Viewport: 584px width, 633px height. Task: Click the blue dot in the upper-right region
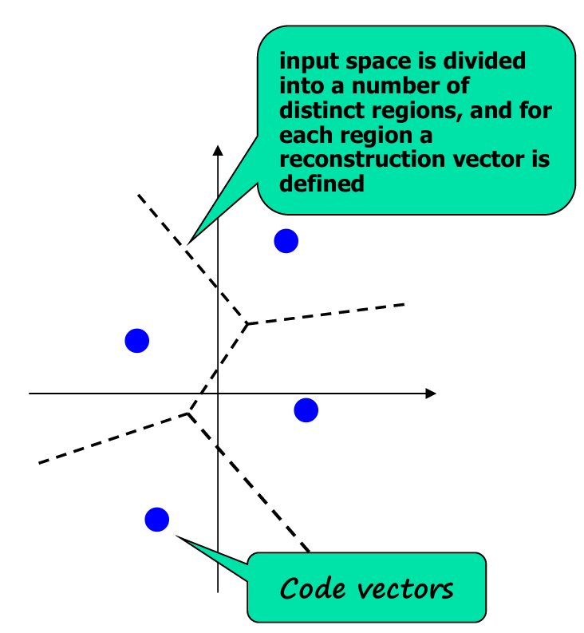[x=286, y=240]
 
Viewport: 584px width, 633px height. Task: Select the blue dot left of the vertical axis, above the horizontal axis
[x=137, y=341]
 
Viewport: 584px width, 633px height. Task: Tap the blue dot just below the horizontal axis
[x=306, y=410]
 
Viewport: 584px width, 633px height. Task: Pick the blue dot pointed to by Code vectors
[x=157, y=520]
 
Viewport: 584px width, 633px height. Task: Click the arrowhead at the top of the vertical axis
[x=218, y=149]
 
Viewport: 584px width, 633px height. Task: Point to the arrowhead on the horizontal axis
[x=431, y=394]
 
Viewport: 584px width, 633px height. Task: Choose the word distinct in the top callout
[x=318, y=110]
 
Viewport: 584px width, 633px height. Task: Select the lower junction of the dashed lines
[x=189, y=413]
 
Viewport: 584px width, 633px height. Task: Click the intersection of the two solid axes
[x=218, y=394]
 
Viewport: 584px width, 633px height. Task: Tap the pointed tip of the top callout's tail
[x=189, y=241]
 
